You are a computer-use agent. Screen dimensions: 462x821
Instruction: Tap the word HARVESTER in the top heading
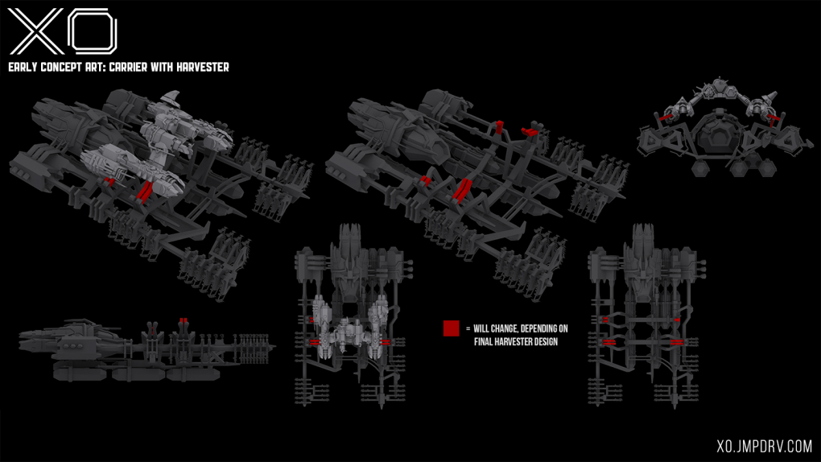(200, 68)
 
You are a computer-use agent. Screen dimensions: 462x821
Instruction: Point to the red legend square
(451, 328)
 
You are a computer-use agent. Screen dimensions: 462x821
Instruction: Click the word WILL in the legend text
(482, 328)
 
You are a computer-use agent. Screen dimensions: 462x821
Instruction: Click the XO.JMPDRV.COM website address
(764, 445)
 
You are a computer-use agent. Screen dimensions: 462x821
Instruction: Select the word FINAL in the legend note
(485, 342)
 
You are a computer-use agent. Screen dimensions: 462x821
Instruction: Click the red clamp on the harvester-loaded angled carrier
(145, 192)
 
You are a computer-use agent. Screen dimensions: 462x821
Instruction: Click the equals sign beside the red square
(468, 328)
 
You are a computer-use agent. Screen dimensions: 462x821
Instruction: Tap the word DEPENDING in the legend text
(543, 328)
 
